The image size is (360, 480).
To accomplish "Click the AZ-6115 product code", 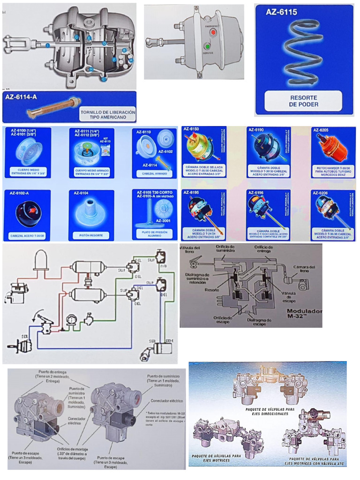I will coord(281,13).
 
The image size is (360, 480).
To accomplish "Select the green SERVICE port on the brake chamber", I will coord(207,47).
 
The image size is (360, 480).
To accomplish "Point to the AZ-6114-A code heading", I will coord(22,97).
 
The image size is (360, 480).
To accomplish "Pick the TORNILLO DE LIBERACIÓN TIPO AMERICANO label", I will coord(107,115).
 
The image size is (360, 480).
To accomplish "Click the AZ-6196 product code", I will coord(257,192).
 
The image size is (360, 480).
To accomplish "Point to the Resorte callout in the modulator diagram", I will coord(212,290).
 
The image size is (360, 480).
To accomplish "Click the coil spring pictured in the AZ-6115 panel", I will coord(303,54).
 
